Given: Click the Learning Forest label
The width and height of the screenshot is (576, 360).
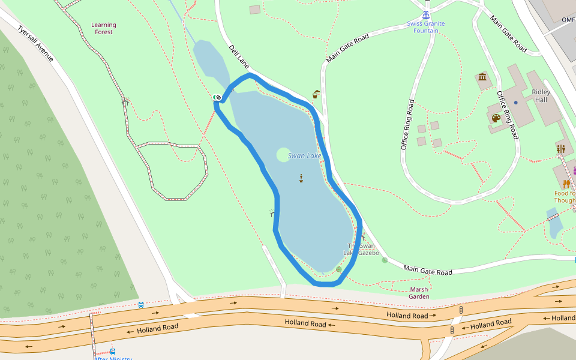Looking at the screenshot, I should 104,28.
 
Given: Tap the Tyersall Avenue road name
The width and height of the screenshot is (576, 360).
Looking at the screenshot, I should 35,43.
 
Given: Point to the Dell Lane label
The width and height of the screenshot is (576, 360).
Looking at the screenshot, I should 239,55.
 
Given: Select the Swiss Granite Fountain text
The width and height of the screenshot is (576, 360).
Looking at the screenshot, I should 426,27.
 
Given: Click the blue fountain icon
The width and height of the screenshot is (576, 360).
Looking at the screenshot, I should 426,14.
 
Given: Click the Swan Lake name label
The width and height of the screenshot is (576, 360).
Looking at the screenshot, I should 305,156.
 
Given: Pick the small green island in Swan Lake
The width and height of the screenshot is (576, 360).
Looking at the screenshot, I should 283,155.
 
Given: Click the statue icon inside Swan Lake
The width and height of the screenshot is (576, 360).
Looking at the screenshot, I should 301,178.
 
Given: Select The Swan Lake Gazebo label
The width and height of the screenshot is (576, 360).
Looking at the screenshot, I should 361,249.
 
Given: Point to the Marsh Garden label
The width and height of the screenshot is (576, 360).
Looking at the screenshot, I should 419,293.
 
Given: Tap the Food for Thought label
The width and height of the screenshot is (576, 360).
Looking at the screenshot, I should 565,197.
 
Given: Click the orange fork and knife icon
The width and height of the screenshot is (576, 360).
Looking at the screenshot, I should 565,184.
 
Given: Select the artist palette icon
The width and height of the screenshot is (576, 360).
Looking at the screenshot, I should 496,118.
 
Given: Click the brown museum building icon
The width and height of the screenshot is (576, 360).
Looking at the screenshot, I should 482,77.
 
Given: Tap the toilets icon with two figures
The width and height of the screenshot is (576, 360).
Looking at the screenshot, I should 560,148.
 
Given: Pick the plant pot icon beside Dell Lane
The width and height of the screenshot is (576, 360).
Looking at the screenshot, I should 316,94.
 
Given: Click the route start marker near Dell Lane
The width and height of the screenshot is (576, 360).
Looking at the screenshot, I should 217,97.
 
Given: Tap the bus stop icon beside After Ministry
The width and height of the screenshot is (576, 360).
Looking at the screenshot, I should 113,352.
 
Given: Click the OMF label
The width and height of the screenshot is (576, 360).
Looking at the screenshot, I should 568,20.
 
